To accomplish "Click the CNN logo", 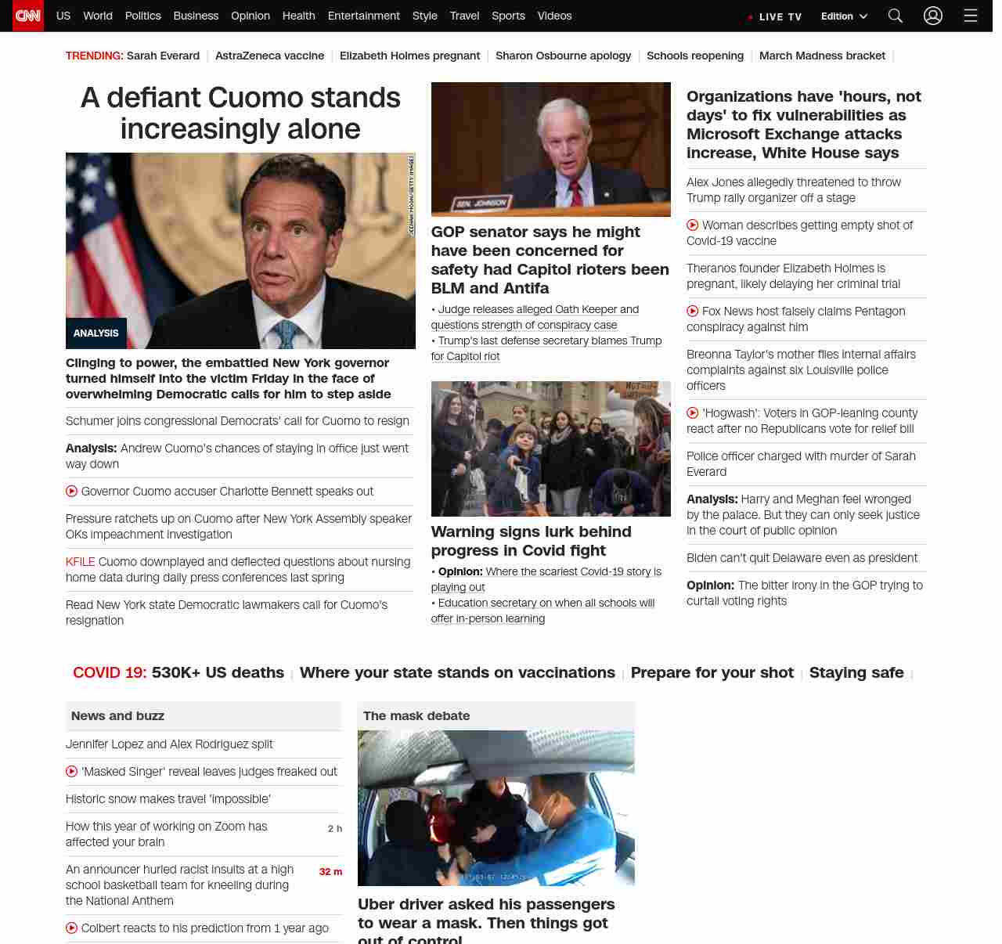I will coord(28,16).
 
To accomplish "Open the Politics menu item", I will coord(142,16).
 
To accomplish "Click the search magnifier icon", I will coord(896,16).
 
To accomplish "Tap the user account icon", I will coord(932,16).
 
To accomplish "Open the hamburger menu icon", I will coord(971,16).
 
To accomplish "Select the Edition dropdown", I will coord(844,16).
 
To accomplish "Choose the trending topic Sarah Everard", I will coord(163,56).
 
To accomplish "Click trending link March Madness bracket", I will coord(822,56).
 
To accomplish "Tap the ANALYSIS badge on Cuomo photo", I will coord(96,333).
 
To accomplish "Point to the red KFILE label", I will coord(80,562).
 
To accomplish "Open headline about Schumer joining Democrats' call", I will coord(237,421).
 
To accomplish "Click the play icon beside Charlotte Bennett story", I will coord(72,492).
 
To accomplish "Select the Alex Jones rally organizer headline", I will coord(793,190).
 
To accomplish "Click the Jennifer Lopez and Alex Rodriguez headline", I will coord(169,744).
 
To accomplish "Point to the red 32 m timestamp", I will coord(330,872).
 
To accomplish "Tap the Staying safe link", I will coord(856,672).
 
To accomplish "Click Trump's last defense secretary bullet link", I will coord(549,348).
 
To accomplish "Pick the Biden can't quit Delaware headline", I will coord(802,558).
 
